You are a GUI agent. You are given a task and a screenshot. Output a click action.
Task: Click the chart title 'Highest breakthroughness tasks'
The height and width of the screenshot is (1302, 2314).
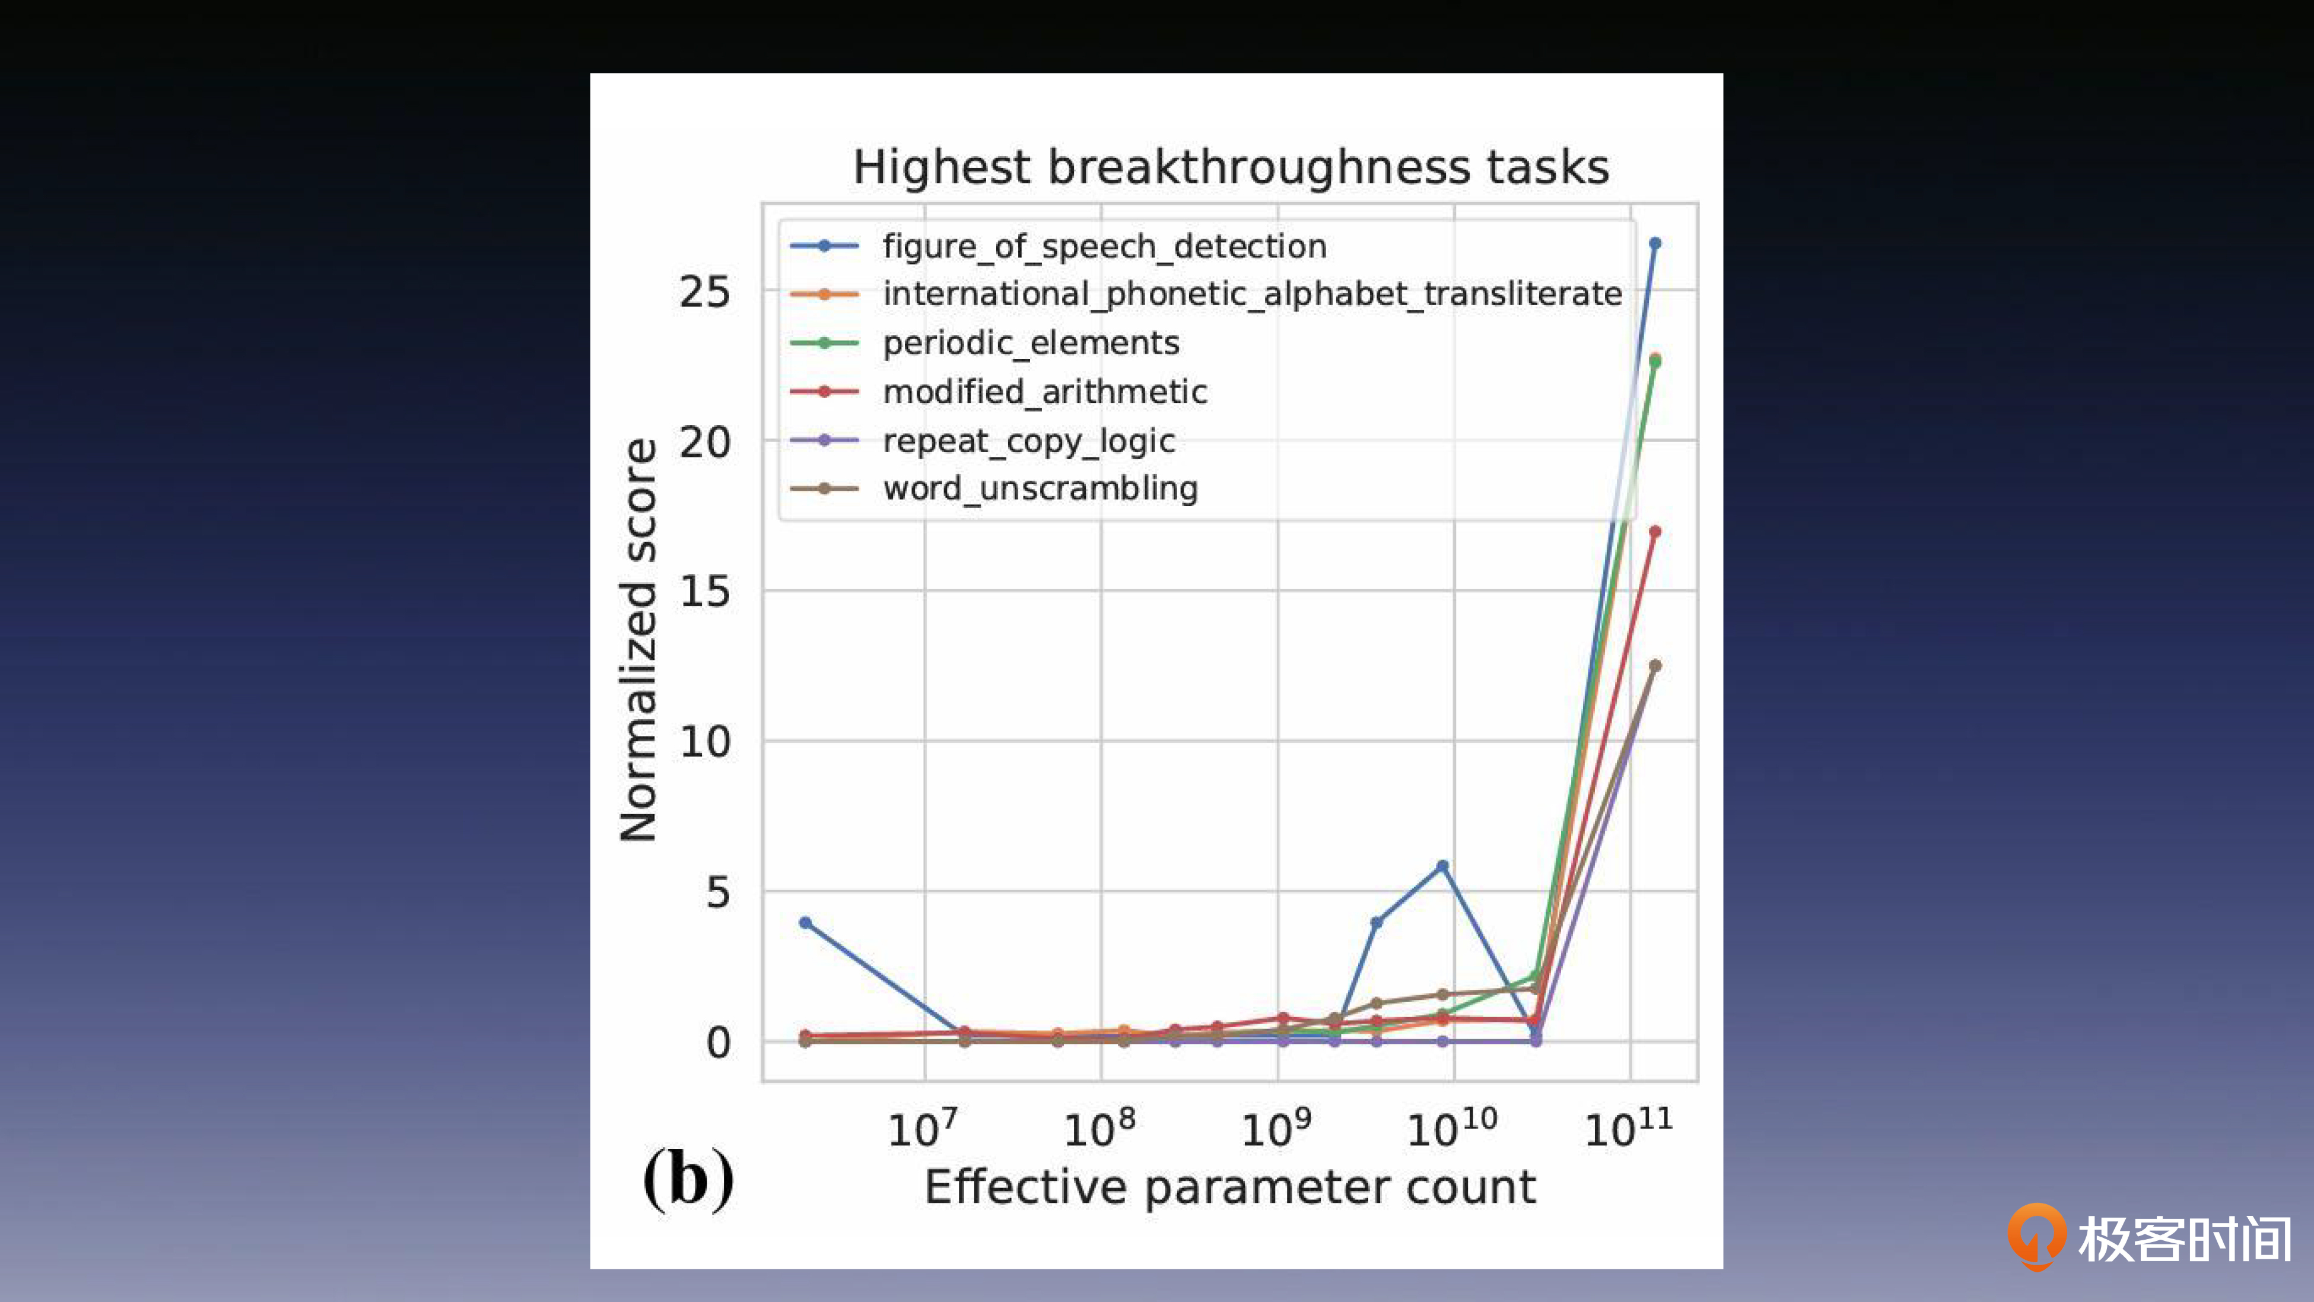click(x=1231, y=167)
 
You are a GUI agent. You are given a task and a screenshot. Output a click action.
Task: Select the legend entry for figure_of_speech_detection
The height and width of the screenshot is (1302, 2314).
click(x=1104, y=246)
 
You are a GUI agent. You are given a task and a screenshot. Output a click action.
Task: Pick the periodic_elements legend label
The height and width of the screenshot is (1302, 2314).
click(x=1031, y=343)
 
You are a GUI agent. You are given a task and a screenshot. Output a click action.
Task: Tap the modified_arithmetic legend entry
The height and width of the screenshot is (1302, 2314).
click(x=1045, y=392)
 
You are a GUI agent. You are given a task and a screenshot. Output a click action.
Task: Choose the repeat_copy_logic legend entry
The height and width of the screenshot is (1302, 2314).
click(x=1029, y=441)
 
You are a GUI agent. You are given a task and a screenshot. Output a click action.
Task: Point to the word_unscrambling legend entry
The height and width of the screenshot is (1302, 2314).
click(x=1040, y=489)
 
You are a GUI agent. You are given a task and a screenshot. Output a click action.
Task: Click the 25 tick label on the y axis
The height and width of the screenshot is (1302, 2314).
click(x=704, y=293)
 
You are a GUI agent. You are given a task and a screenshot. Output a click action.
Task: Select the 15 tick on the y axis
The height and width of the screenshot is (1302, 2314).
click(x=704, y=592)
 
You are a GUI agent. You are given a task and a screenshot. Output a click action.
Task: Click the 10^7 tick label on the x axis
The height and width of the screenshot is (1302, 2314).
click(x=923, y=1129)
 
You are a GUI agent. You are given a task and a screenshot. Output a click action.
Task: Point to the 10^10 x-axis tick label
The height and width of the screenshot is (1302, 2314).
click(x=1452, y=1129)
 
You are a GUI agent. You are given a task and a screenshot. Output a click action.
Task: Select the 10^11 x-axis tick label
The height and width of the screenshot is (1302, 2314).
click(x=1628, y=1129)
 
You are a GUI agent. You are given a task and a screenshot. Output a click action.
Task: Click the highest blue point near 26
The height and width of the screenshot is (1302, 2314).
click(x=1655, y=243)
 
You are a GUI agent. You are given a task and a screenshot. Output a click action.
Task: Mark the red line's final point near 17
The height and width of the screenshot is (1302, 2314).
click(x=1655, y=532)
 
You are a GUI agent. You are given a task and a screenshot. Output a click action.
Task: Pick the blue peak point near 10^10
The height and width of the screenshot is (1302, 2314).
click(x=1442, y=866)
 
